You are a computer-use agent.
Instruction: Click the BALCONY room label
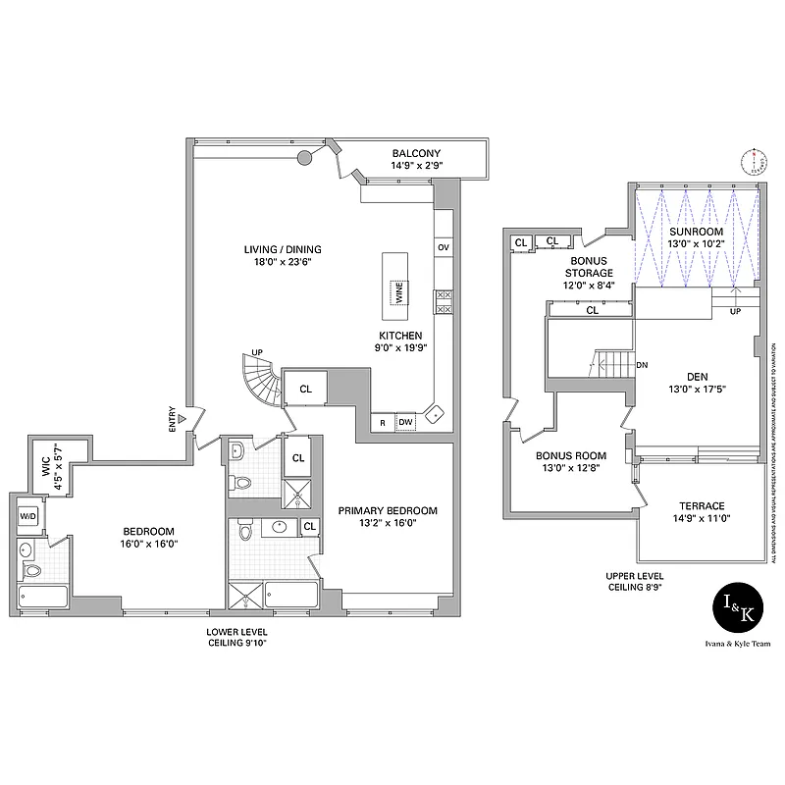coord(417,153)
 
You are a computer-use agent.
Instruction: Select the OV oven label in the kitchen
coord(444,247)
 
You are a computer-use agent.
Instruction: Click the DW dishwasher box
coord(405,423)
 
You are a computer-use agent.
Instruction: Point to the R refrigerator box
coord(382,423)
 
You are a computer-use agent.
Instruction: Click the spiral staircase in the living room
coord(260,383)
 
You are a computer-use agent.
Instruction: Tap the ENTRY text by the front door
coord(173,419)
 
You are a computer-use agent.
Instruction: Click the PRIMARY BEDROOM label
coord(388,510)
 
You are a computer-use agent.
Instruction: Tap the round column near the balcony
coord(305,157)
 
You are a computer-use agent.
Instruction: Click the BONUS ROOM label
coord(570,456)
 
